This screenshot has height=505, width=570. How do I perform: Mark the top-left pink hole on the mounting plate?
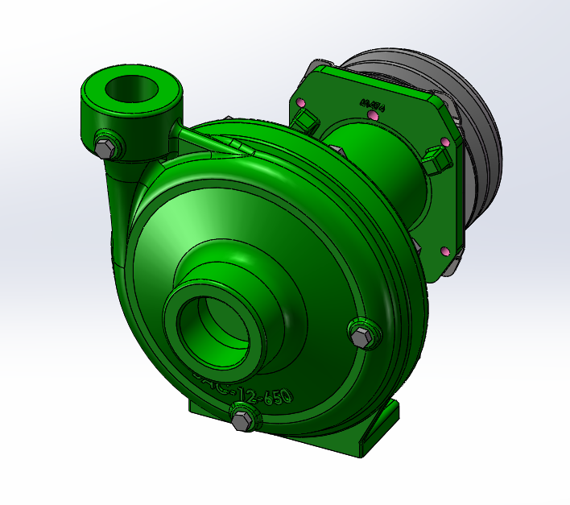(301, 104)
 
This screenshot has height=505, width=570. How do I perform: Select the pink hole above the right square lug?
(444, 143)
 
